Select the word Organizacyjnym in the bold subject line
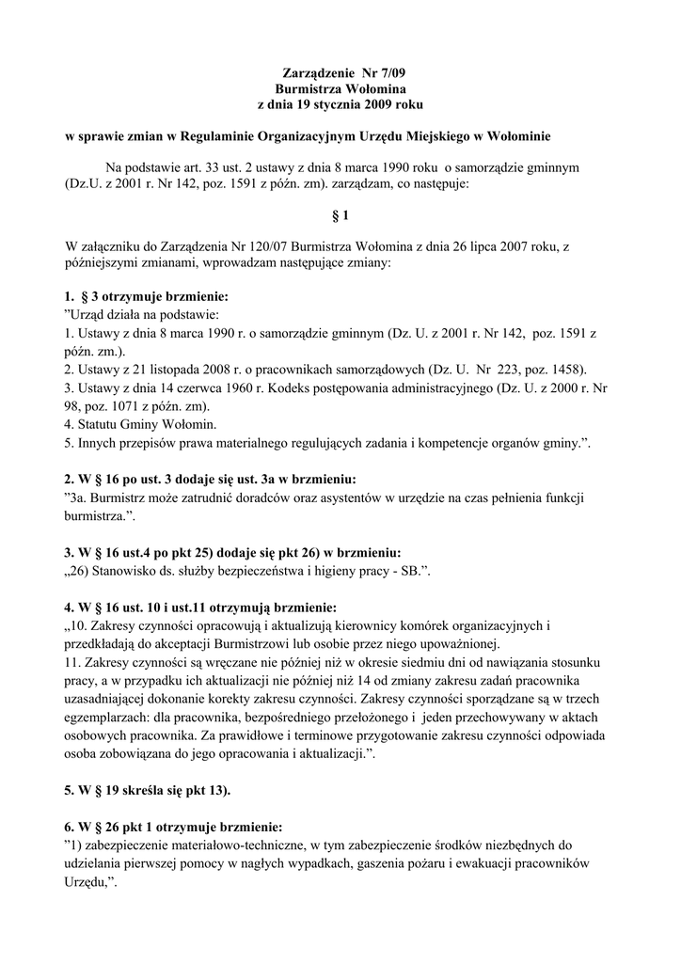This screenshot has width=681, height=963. pos(317,135)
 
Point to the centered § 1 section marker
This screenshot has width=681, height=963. pos(340,215)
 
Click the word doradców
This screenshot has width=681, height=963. pos(273,497)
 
